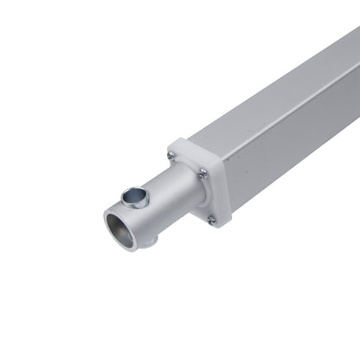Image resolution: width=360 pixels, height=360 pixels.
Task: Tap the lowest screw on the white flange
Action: click(210, 220)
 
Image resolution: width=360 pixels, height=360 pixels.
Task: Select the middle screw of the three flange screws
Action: click(202, 174)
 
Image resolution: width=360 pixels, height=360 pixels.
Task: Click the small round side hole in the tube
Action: click(134, 195)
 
